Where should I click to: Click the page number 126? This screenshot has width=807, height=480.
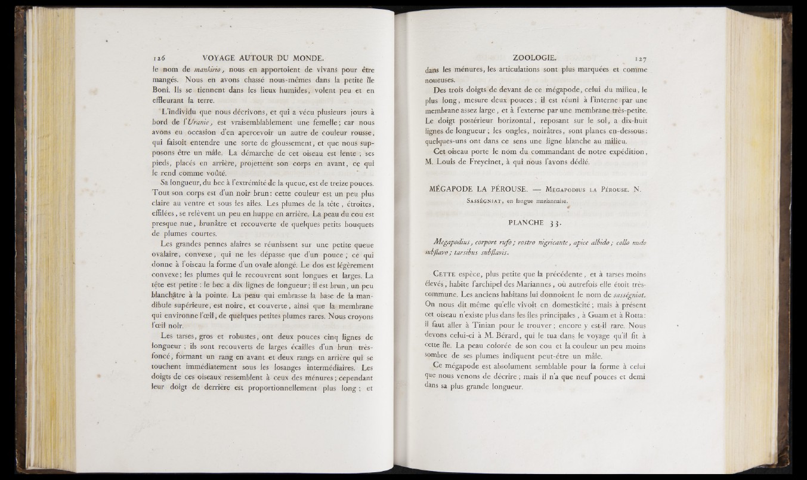(x=158, y=59)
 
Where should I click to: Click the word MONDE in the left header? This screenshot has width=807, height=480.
(x=304, y=59)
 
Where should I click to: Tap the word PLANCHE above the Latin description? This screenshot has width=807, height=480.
(x=525, y=224)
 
